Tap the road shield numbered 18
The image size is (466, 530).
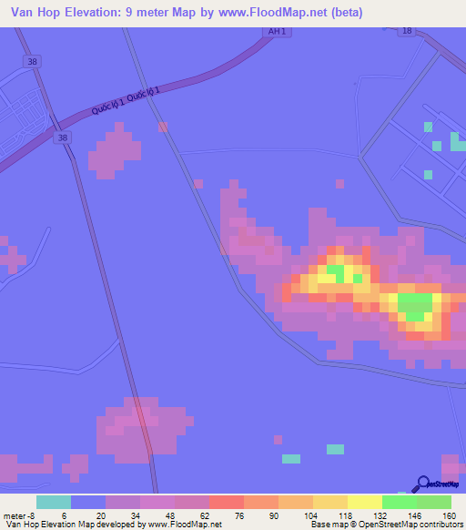click(407, 31)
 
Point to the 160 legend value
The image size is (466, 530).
click(451, 515)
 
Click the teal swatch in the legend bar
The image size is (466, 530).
click(54, 502)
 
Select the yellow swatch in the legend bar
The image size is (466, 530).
click(364, 502)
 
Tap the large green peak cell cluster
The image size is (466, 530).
click(415, 305)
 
